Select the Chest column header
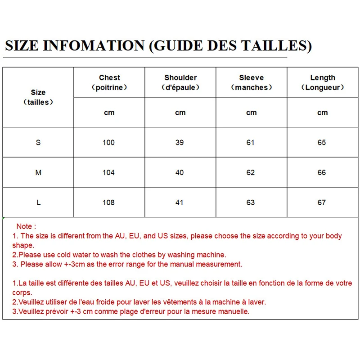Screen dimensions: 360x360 [109, 78]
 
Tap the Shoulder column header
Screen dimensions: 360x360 [180, 78]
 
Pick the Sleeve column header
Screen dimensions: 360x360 [251, 78]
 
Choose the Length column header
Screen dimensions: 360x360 [323, 78]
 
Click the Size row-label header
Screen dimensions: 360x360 [38, 92]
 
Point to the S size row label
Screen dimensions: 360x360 [38, 143]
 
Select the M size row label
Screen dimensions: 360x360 [38, 173]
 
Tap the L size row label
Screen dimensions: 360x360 [38, 202]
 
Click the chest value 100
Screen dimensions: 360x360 [108, 143]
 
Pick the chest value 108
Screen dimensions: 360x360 [108, 202]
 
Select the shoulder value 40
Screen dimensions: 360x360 [180, 173]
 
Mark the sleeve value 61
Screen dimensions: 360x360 [251, 143]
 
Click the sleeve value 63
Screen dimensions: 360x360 [251, 202]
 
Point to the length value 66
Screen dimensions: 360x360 [322, 173]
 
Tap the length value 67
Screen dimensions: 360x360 [322, 202]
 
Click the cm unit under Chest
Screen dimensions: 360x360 [109, 113]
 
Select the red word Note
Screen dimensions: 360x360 [24, 226]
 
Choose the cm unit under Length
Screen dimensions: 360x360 [323, 113]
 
